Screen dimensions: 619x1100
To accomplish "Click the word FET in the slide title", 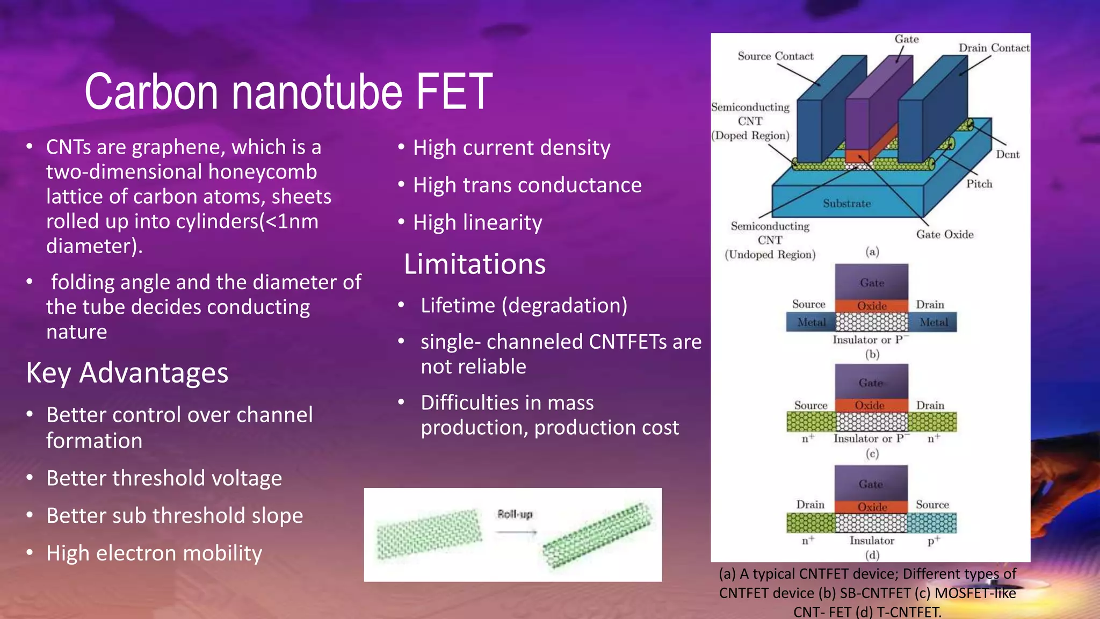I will (454, 91).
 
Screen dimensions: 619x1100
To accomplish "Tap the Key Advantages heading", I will (127, 373).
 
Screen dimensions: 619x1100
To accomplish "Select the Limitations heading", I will (475, 264).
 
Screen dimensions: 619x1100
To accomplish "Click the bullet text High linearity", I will (477, 222).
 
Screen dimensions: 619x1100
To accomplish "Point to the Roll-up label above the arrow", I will (515, 514).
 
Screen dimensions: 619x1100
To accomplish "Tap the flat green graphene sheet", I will (428, 534).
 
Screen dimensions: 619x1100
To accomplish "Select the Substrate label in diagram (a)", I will (847, 204).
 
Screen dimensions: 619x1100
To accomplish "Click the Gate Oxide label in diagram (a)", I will (945, 234).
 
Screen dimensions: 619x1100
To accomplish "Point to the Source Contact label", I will (775, 56).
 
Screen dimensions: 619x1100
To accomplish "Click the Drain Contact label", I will (994, 48).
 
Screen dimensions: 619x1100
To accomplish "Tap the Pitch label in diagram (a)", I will (979, 184).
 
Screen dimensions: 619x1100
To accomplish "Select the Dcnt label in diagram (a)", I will (1008, 155).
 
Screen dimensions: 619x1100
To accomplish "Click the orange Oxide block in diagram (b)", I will (871, 306).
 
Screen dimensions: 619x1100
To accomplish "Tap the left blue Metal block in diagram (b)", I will (811, 322).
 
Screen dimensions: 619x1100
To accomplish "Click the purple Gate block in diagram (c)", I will (871, 382).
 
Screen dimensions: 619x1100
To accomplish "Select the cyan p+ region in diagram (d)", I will (932, 522).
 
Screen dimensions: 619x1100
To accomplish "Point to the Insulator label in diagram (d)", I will (872, 541).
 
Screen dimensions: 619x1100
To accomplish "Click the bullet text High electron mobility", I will (154, 553).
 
